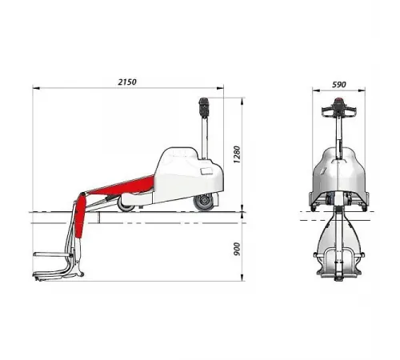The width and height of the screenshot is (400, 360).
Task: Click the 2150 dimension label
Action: pyautogui.click(x=127, y=82)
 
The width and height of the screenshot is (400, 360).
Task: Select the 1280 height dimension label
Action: pyautogui.click(x=237, y=154)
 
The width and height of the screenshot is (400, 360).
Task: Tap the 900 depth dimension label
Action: pyautogui.click(x=237, y=249)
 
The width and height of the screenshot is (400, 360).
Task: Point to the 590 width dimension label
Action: pyautogui.click(x=339, y=85)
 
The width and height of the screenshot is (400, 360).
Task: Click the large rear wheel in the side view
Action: pyautogui.click(x=204, y=202)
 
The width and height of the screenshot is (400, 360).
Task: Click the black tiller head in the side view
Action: pyautogui.click(x=204, y=107)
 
